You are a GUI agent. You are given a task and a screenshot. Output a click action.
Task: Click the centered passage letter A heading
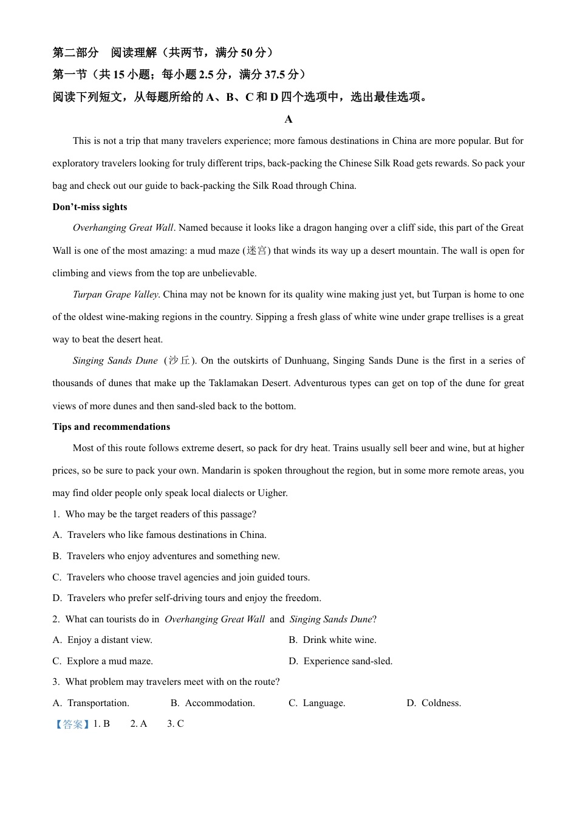tap(288, 119)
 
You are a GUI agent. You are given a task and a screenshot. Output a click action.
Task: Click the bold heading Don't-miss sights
tap(90, 207)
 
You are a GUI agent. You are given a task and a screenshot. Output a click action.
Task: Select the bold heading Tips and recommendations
tap(111, 427)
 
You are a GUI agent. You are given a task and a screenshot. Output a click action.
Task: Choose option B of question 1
tap(166, 556)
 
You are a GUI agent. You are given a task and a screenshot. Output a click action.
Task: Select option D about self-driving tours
tap(186, 598)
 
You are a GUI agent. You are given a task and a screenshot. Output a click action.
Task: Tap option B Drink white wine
tap(332, 640)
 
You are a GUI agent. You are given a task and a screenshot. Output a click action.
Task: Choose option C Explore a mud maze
tap(103, 661)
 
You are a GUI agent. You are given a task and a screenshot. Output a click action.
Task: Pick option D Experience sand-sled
tap(341, 661)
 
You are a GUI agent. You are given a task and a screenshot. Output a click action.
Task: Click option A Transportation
tap(91, 703)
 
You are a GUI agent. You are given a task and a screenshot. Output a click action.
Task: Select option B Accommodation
tap(213, 703)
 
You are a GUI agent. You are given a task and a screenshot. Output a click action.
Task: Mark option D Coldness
tap(434, 703)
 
